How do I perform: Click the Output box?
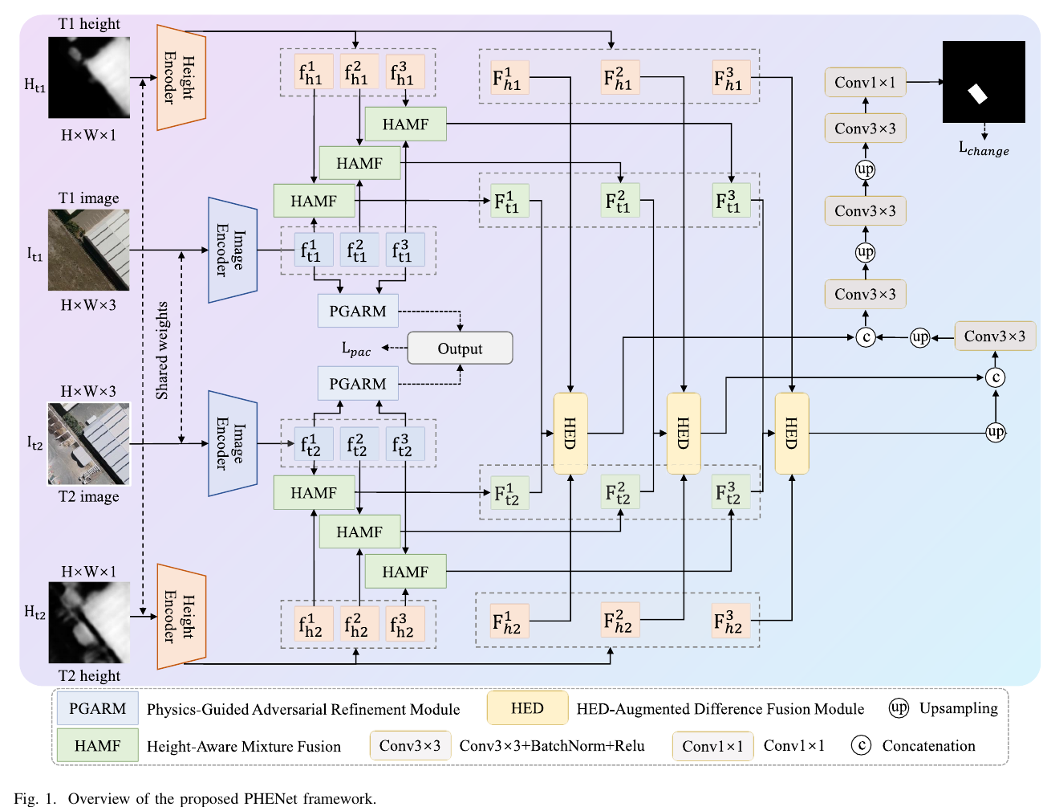tap(460, 348)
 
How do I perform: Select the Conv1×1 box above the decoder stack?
tap(865, 82)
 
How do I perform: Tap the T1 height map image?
tap(89, 77)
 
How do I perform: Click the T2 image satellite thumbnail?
tap(89, 443)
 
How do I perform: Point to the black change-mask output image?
tap(984, 82)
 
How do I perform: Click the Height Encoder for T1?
tap(181, 77)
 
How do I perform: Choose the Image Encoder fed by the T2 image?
tap(233, 443)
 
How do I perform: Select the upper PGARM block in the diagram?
tap(358, 311)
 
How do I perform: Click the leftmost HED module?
tap(570, 434)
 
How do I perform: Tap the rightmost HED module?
tap(792, 434)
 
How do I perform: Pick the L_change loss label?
tap(984, 149)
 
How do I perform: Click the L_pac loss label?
tap(355, 348)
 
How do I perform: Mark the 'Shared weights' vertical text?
tap(162, 350)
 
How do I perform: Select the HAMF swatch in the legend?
tap(97, 745)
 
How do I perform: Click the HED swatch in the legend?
tap(527, 708)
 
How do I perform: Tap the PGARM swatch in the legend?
tap(97, 708)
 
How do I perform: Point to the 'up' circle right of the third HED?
tap(996, 432)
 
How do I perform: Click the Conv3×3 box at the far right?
tap(995, 336)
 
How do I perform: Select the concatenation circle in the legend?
tap(861, 745)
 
